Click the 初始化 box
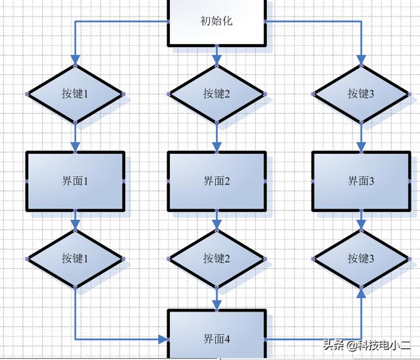217,22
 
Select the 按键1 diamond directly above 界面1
75,94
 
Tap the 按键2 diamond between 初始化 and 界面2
217,94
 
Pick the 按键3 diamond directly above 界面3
362,94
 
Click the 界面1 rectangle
75,181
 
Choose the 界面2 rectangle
217,181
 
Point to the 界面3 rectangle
362,181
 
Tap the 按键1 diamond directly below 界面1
75,259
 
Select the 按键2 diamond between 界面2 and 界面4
217,259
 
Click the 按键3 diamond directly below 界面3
362,259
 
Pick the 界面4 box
217,334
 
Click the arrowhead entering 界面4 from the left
163,340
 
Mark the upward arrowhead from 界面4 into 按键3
362,293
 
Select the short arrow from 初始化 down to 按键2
217,56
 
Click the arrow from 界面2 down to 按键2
217,221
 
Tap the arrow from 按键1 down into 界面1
75,137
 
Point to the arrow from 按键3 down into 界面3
362,137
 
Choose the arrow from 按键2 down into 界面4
217,299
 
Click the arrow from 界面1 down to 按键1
75,221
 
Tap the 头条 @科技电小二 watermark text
367,345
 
